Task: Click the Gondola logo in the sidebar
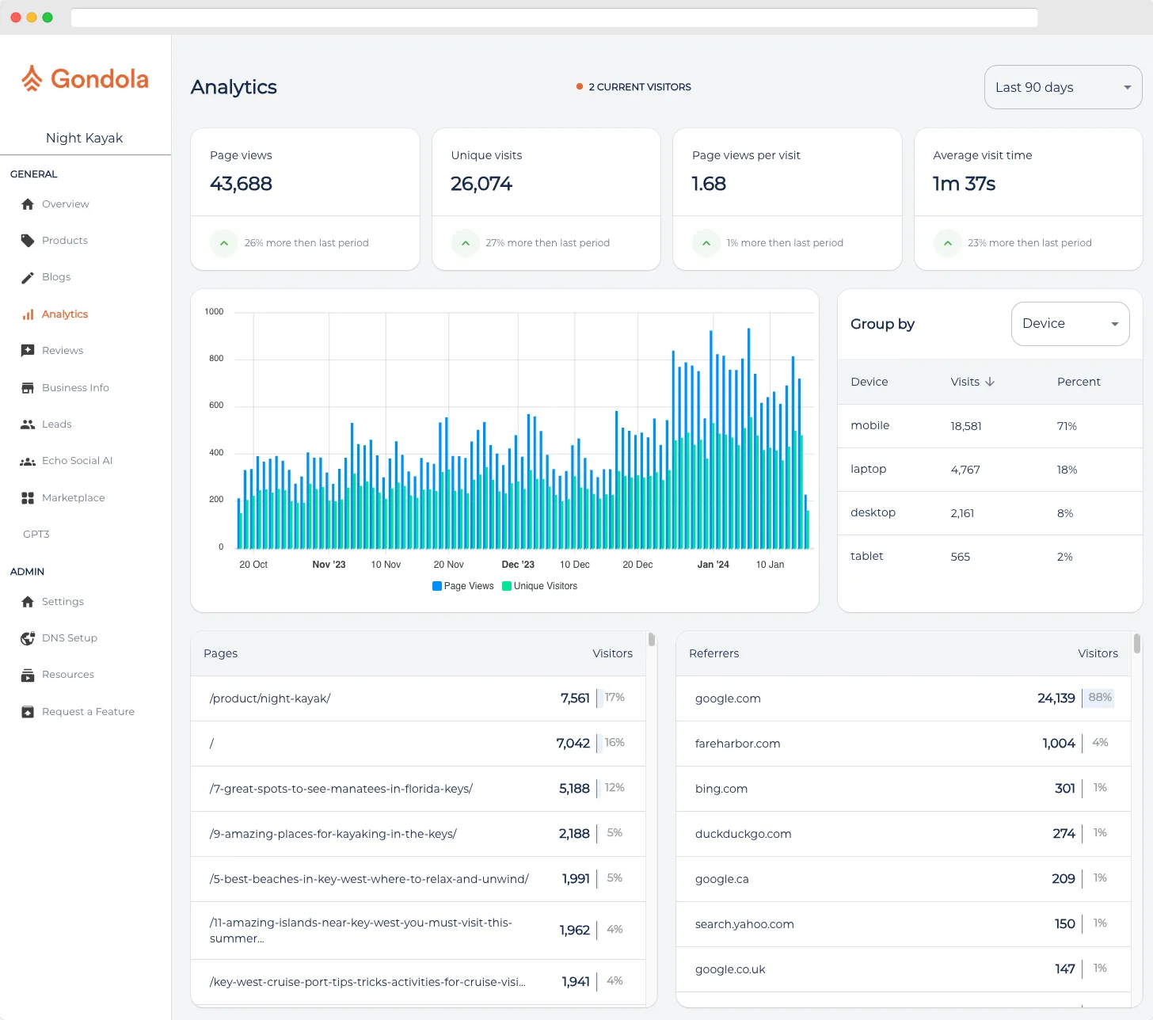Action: [85, 79]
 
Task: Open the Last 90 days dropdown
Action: [1062, 87]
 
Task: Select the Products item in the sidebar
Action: [64, 241]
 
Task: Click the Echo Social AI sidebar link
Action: [77, 461]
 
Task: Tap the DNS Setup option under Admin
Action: [69, 638]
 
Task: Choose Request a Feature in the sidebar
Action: [87, 712]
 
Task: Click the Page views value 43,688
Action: [241, 184]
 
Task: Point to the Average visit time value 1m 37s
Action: [964, 184]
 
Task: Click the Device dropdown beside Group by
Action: [1069, 324]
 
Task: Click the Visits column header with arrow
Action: [972, 382]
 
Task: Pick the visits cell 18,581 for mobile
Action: [965, 426]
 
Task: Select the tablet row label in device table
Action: [866, 556]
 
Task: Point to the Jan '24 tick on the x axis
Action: [713, 565]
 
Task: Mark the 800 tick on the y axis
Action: [216, 359]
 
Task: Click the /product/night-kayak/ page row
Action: [270, 698]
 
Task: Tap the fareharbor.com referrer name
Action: [737, 744]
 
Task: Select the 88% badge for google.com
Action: [1099, 698]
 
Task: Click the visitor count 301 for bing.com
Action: [1064, 789]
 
